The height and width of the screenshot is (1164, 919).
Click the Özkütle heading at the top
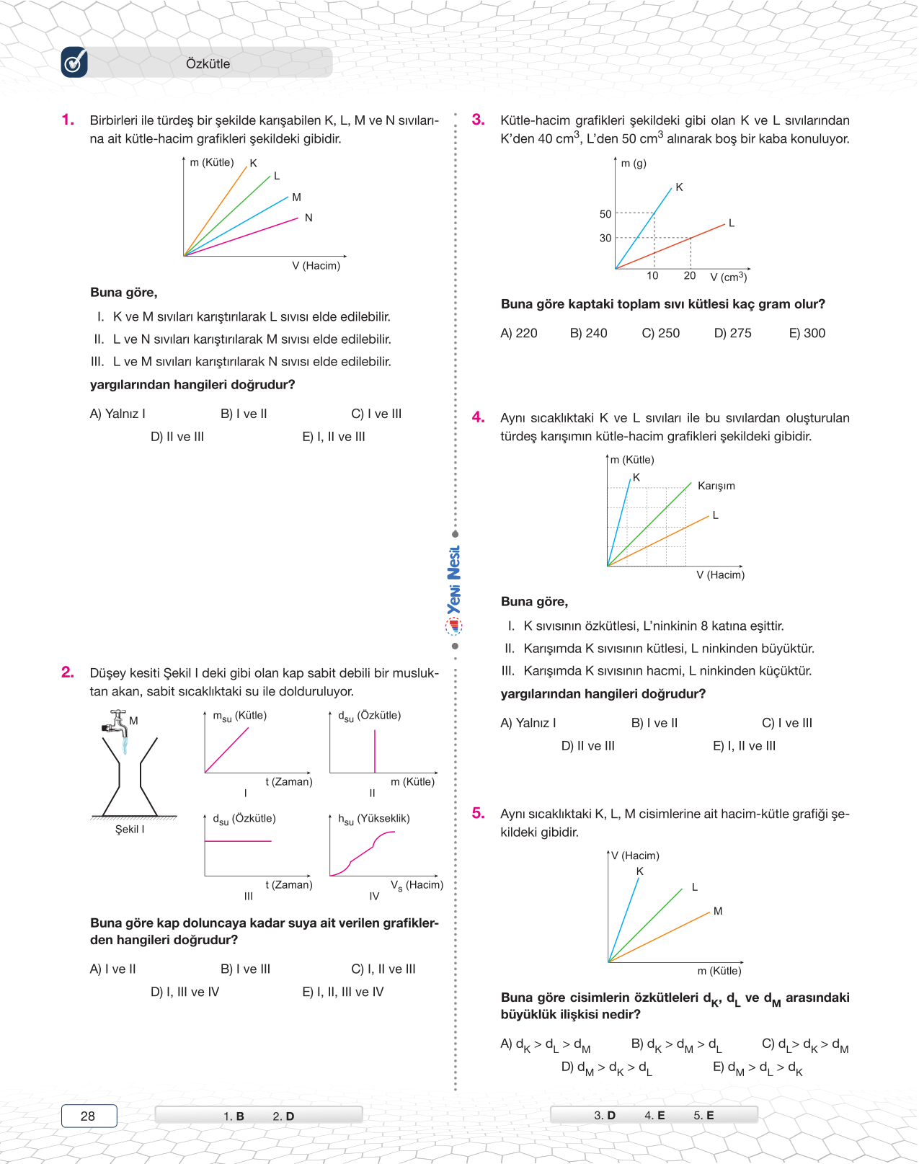click(x=208, y=63)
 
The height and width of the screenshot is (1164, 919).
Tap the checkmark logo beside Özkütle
click(x=74, y=63)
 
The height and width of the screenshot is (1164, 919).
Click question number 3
click(x=478, y=120)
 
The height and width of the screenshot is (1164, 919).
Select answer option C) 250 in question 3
click(x=660, y=333)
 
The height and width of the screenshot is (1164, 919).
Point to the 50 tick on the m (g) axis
click(x=605, y=214)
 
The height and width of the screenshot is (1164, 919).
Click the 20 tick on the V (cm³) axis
click(x=690, y=276)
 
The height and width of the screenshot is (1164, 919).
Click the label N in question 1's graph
click(x=308, y=218)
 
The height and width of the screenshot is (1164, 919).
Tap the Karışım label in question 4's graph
click(x=716, y=486)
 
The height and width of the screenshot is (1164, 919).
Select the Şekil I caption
click(x=130, y=830)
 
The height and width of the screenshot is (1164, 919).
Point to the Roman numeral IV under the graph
click(x=374, y=897)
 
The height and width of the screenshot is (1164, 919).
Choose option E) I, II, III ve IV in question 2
click(x=342, y=992)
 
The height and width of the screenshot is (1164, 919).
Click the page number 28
click(x=88, y=1116)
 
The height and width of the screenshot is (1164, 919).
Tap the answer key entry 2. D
click(x=283, y=1116)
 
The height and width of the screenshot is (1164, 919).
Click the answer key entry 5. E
click(x=703, y=1115)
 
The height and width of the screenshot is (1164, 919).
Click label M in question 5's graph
click(x=718, y=911)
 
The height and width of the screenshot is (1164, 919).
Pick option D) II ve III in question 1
click(x=177, y=437)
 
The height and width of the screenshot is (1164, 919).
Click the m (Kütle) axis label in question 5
click(x=719, y=971)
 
